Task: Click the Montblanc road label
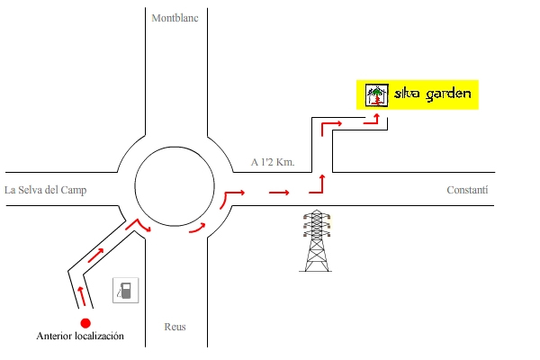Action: pyautogui.click(x=175, y=17)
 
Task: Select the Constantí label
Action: pyautogui.click(x=467, y=190)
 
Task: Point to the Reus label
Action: pyautogui.click(x=175, y=327)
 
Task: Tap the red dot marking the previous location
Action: pyautogui.click(x=85, y=323)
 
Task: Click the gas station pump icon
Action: pyautogui.click(x=126, y=291)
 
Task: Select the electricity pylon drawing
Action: pyautogui.click(x=315, y=240)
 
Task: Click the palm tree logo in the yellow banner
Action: pyautogui.click(x=376, y=94)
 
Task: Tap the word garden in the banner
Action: pyautogui.click(x=448, y=94)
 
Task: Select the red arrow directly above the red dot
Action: pyautogui.click(x=82, y=295)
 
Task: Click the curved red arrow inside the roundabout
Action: pyautogui.click(x=197, y=229)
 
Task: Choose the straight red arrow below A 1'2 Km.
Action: pyautogui.click(x=279, y=192)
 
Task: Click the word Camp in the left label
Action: pyautogui.click(x=77, y=190)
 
